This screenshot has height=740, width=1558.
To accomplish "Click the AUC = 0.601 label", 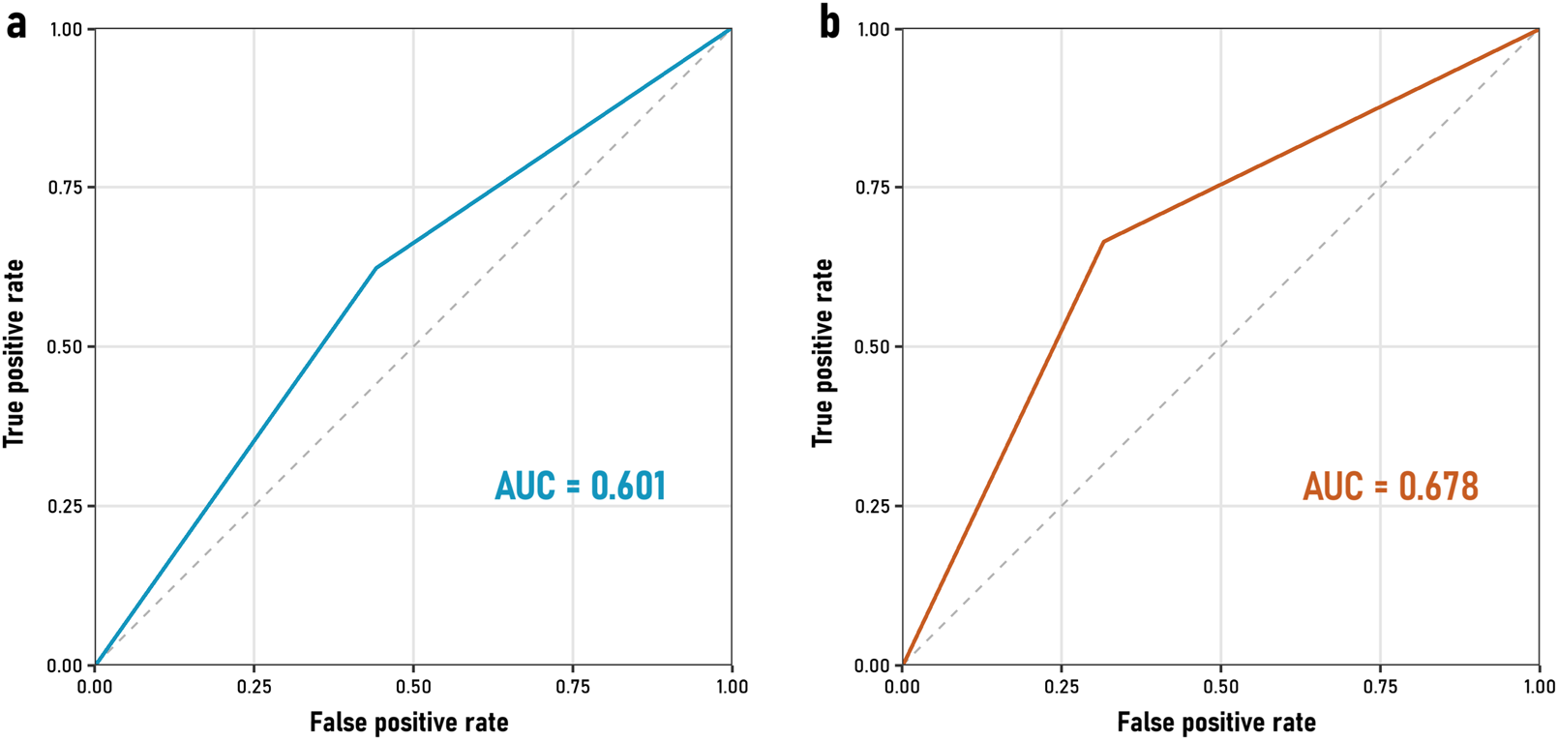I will [580, 486].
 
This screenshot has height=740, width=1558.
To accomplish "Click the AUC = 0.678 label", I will [1390, 486].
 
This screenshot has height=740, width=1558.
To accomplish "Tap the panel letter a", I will [15, 23].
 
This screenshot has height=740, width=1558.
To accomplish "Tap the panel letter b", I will [829, 23].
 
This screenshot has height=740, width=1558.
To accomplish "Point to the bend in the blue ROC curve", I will [375, 268].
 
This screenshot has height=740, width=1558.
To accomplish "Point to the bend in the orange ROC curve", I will [1103, 242].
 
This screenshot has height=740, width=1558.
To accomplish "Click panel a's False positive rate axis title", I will [408, 723].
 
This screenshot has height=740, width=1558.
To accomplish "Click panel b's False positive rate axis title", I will [1216, 723].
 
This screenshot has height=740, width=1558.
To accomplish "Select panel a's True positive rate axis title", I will [14, 353].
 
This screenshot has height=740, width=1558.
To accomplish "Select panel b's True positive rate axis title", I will [823, 353].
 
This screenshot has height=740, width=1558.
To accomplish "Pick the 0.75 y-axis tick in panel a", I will [66, 188].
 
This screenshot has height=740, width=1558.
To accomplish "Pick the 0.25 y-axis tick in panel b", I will [873, 506].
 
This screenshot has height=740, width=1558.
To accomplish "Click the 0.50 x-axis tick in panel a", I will [413, 687].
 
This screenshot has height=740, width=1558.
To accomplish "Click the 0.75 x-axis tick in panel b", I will [1380, 687].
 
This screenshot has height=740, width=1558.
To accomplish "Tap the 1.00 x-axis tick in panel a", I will [732, 687].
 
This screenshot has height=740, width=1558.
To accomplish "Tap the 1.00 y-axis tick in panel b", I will [873, 29].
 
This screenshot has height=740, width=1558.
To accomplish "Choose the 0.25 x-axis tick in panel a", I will [254, 687].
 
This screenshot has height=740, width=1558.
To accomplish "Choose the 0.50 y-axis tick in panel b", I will [873, 346].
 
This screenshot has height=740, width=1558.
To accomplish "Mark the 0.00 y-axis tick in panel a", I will [66, 666].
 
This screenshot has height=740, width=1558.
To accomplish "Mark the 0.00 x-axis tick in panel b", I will [902, 687].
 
